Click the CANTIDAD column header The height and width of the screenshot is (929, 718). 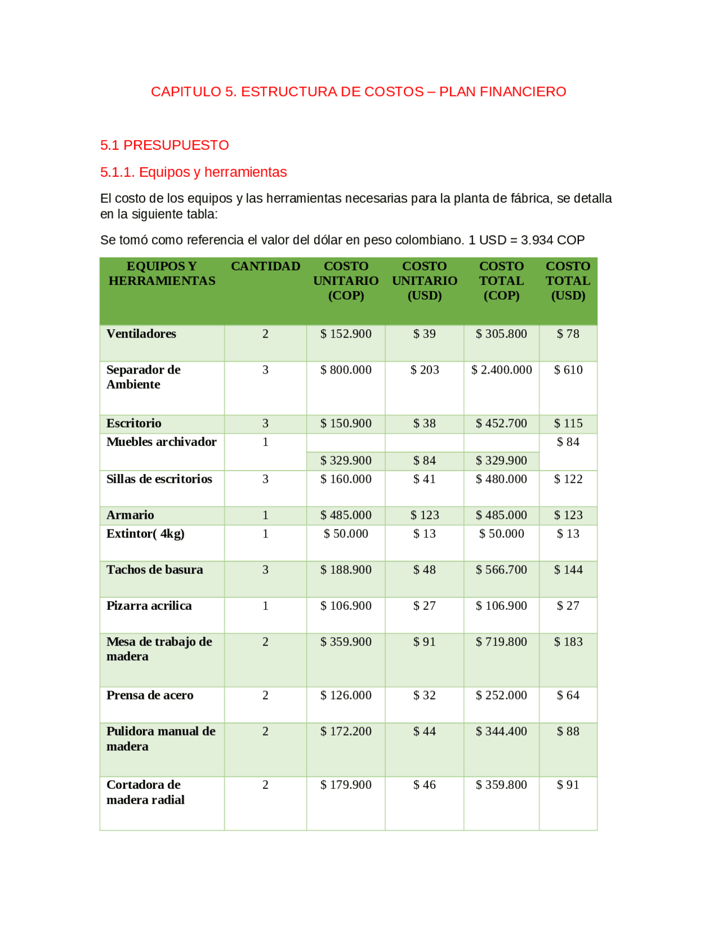[265, 266]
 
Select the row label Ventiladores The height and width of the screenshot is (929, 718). [141, 334]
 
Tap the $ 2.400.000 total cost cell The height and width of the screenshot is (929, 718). [501, 370]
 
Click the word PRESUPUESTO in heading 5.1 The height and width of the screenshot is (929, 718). [176, 145]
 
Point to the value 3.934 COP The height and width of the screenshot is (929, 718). [553, 240]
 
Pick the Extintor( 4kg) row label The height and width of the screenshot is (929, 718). [145, 534]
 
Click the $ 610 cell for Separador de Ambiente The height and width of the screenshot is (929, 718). [568, 370]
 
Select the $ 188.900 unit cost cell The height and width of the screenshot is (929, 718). [346, 569]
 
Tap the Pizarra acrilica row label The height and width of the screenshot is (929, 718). [149, 605]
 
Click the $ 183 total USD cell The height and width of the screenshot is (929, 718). [568, 641]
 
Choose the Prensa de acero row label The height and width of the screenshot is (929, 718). [150, 695]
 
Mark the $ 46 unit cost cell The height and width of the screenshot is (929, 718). [424, 785]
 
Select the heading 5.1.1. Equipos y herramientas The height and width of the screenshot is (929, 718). [194, 172]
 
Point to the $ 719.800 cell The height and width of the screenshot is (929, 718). [501, 641]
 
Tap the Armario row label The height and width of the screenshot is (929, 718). [130, 515]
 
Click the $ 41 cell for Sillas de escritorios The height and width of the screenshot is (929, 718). [424, 479]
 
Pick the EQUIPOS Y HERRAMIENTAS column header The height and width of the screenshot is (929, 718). [162, 273]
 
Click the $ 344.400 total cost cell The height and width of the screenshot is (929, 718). [501, 731]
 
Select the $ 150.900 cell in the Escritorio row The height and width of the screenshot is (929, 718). [346, 424]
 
